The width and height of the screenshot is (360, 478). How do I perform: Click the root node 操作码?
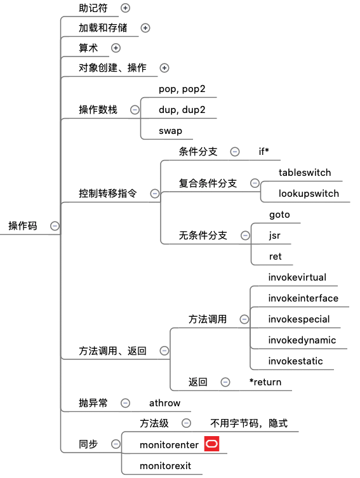point(23,226)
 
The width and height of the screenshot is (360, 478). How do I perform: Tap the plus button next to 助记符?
point(125,8)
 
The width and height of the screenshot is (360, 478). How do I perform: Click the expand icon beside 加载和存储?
point(145,28)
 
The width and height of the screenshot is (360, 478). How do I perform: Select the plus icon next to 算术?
point(116,48)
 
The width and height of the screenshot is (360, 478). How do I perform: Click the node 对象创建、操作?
point(112,68)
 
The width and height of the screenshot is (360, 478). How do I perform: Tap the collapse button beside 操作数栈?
point(135,110)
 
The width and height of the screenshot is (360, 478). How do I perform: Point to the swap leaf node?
point(170,131)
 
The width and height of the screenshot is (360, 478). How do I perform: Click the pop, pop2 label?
point(182,89)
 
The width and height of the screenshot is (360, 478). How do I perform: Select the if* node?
point(263,151)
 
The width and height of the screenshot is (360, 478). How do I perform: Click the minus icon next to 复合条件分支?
point(255,183)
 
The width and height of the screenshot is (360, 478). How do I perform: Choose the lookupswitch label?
point(309,193)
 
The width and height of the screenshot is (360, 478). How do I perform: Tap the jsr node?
point(275,236)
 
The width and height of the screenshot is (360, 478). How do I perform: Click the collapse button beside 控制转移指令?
point(155,193)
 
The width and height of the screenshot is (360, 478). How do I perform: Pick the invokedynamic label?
point(302,340)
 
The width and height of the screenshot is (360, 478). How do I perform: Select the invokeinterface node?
point(303,298)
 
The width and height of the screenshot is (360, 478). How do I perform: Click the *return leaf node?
point(265,382)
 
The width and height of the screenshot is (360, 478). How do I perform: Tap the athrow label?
point(164,403)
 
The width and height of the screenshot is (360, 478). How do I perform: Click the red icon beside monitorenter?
point(211,444)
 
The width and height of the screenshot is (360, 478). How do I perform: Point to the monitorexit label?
point(166,466)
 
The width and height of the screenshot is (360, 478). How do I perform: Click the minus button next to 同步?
point(116,444)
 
